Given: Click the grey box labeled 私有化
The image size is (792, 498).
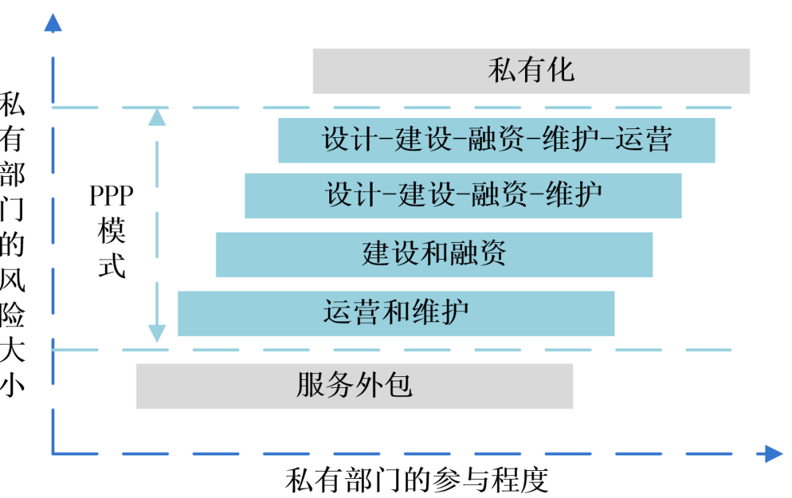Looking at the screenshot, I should tap(531, 71).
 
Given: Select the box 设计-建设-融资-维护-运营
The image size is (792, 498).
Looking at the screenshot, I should tap(496, 139).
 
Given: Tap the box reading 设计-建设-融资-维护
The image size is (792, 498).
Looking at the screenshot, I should tap(463, 195).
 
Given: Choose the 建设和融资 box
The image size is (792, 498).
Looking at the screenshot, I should tap(434, 254).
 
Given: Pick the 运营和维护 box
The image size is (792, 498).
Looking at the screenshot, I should tap(396, 312).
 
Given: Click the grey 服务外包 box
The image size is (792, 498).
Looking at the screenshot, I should tap(354, 385).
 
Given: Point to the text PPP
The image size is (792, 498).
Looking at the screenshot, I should tap(111, 197).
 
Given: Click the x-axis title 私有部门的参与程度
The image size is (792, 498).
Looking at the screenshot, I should tap(417, 481).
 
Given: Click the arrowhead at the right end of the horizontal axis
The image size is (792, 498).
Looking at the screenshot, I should tap(773, 454).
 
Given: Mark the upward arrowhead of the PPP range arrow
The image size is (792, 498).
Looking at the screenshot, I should tap(157, 117).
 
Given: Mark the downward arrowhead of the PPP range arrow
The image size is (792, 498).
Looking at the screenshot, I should tap(157, 334).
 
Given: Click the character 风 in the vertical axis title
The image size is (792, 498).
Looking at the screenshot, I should tap(12, 280).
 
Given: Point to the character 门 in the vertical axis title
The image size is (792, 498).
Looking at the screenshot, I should tap(12, 210).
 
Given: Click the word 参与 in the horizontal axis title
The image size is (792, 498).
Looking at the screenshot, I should tap(458, 481).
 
